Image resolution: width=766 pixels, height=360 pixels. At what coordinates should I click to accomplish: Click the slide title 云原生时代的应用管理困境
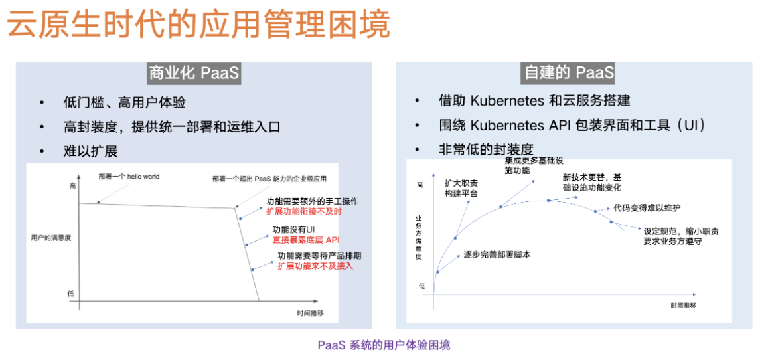click(x=198, y=24)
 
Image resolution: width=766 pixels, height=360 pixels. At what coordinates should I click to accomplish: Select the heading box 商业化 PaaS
click(x=194, y=73)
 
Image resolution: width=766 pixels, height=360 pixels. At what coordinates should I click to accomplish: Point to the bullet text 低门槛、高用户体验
click(x=124, y=103)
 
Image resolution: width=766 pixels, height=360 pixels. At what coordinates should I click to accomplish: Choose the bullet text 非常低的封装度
click(x=486, y=149)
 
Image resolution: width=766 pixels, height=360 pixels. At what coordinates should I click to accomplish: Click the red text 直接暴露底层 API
click(x=306, y=240)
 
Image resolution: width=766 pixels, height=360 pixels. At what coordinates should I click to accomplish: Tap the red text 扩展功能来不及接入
click(x=315, y=266)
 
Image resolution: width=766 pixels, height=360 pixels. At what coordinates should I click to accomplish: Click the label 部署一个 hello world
click(x=129, y=177)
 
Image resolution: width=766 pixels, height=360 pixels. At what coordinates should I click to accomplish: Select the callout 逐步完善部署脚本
click(x=497, y=255)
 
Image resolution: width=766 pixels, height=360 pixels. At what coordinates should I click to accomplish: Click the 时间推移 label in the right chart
click(x=683, y=306)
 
